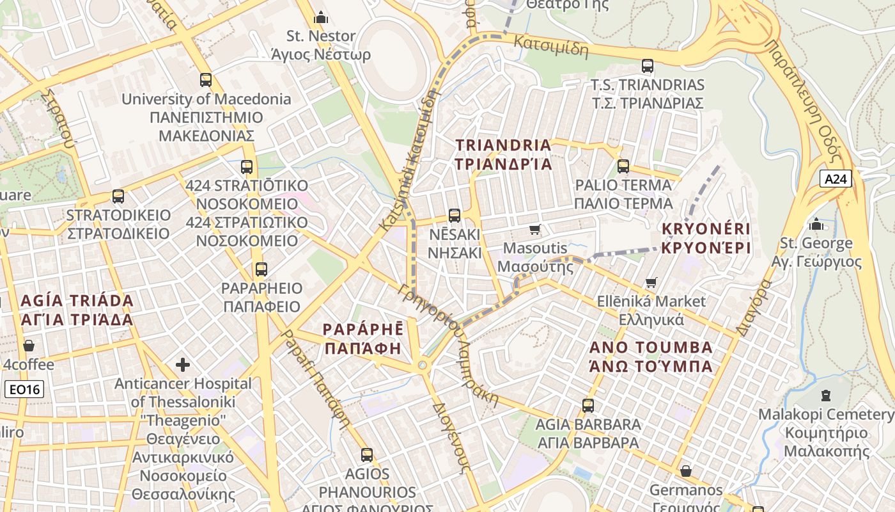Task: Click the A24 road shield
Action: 836,179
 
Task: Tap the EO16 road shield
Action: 25,388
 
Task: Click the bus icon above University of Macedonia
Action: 205,80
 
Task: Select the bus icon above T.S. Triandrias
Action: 647,66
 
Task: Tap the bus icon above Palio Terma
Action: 623,166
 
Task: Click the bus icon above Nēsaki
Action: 455,216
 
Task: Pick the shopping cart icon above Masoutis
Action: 535,229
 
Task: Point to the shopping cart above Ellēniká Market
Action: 651,282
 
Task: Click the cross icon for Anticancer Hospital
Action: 183,365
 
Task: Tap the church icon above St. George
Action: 816,225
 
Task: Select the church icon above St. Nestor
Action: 320,17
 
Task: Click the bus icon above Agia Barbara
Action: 588,405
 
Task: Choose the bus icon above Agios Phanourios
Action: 367,455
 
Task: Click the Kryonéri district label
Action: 706,238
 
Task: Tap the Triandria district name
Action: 503,154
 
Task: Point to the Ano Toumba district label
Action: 650,356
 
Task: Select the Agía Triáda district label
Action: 77,310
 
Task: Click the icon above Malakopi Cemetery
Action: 826,396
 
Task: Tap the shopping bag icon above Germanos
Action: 686,472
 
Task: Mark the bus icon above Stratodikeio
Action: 118,196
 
